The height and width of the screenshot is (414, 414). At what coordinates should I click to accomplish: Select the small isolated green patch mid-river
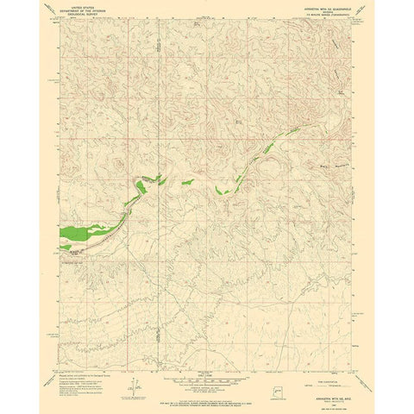(185, 181)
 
